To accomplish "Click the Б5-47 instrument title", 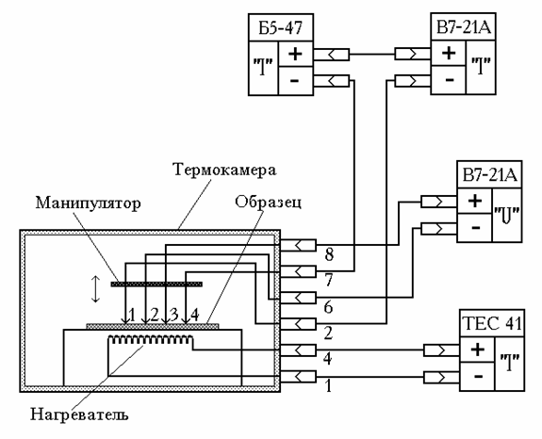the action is pos(281,28).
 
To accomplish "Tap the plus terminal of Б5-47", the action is pos(296,54).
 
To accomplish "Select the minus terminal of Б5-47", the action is pos(296,81).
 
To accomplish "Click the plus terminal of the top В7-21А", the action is pos(449,53).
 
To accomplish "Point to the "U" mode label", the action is pos(507,215).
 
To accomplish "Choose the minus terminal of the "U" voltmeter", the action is pos(475,227).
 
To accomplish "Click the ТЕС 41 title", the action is pos(492,323).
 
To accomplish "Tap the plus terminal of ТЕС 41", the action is pos(477,350).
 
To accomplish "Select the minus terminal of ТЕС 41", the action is pos(477,376).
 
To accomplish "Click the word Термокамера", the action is pos(224,170).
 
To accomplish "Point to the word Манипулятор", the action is pos(89,203).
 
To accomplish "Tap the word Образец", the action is pos(269,202).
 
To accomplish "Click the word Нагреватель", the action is pos(79,414).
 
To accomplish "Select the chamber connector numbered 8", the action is pos(298,245).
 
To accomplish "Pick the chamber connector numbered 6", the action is pos(298,298).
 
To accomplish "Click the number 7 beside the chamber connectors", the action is pos(329,280).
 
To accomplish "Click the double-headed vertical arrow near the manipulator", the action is pos(95,289).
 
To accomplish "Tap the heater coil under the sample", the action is pos(151,340).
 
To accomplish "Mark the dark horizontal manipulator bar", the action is pos(156,284).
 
